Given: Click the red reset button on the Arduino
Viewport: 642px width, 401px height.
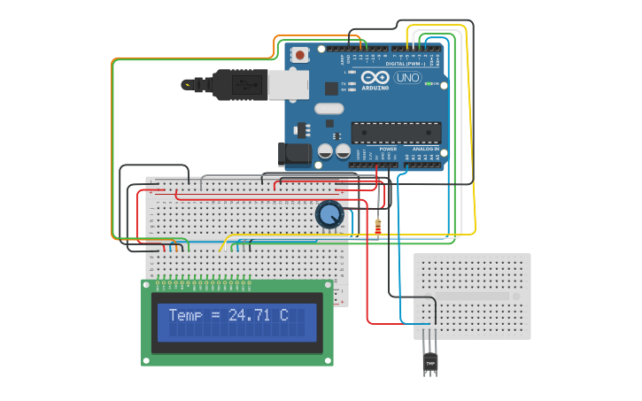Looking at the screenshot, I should (x=300, y=55).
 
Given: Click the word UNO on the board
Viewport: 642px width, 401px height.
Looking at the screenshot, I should (x=407, y=78).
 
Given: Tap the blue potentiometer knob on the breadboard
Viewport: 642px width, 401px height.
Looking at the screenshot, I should (x=329, y=214).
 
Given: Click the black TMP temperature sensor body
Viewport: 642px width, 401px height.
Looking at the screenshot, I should (x=430, y=362).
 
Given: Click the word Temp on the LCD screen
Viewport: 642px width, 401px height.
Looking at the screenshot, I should (x=185, y=315).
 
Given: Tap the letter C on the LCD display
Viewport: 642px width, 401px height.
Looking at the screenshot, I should (x=283, y=315).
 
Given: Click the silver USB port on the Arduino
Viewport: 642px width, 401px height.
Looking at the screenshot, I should (x=288, y=84).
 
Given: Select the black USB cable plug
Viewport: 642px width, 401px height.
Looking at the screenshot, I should (x=239, y=85).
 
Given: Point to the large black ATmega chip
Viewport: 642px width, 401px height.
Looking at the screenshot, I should (x=396, y=133).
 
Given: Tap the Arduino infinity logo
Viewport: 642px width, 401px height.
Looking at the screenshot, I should (x=375, y=77).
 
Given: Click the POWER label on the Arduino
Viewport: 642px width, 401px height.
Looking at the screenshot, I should (x=388, y=149).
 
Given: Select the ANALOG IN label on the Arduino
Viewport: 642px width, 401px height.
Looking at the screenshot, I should (x=425, y=149).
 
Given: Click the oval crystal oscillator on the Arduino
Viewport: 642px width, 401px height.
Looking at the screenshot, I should (x=328, y=109).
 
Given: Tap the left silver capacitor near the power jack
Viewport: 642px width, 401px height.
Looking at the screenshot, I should (x=326, y=152).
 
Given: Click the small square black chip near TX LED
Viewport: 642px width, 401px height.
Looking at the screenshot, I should (x=331, y=89).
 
